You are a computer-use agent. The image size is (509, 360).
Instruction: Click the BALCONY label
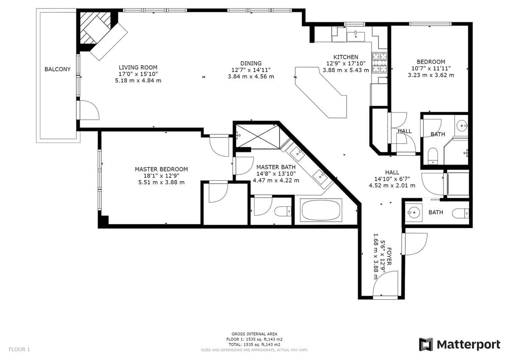tap(58, 69)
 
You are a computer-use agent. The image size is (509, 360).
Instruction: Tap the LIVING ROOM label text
tap(138, 67)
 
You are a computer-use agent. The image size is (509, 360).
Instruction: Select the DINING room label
tap(251, 63)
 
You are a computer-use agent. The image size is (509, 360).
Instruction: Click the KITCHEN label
tap(346, 57)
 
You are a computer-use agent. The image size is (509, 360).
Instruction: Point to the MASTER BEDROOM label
tap(161, 169)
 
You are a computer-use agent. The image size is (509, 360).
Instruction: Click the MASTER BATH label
tap(276, 167)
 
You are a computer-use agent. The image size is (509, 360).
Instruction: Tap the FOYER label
tap(389, 256)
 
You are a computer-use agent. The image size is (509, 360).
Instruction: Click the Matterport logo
tap(459, 345)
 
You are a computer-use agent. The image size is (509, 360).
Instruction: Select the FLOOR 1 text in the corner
tap(20, 349)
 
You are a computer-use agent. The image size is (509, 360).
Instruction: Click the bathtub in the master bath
tap(321, 210)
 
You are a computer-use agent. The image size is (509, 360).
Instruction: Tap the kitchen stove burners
tap(379, 63)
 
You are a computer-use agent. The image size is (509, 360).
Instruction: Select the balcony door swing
tap(89, 110)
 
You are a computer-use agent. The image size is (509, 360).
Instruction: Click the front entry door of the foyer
tap(385, 284)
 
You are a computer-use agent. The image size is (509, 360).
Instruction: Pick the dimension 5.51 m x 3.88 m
tap(161, 183)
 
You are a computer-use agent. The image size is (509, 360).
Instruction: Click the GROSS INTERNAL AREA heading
tap(254, 334)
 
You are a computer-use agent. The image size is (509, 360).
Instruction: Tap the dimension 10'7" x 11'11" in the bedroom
tap(431, 68)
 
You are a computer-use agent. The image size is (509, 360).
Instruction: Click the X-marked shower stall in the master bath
tap(258, 136)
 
